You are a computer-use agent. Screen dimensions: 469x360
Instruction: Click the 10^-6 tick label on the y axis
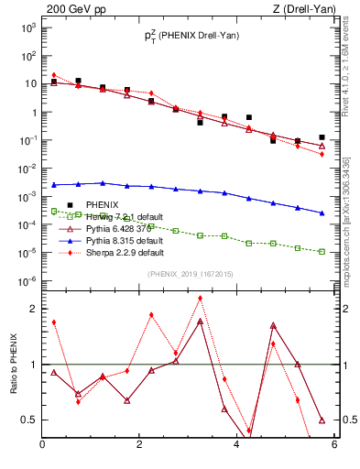(27, 281)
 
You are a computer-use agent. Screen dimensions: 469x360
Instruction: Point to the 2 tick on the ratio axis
(32, 309)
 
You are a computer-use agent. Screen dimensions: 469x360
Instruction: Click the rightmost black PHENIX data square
(322, 137)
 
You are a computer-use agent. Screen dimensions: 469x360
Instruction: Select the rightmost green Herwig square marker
(322, 251)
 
